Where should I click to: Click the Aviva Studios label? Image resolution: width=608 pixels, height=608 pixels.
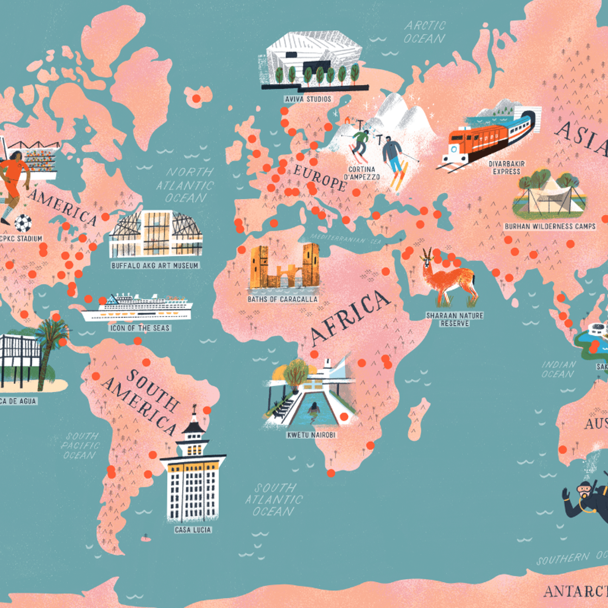(308, 99)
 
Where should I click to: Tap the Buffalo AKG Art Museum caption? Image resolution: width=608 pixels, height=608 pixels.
(155, 266)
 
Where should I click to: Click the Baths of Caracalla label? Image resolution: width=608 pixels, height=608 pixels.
(282, 299)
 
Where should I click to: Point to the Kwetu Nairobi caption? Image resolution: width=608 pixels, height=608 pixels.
(311, 435)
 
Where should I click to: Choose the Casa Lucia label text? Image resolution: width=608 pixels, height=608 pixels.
(193, 530)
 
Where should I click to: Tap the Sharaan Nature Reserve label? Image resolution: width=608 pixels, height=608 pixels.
(455, 320)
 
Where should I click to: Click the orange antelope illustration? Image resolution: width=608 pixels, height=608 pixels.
(450, 279)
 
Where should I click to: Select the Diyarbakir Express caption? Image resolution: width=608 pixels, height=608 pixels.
(507, 168)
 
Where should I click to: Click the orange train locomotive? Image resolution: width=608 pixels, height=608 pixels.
(475, 142)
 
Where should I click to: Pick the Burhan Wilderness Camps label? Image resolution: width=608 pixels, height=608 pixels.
(550, 226)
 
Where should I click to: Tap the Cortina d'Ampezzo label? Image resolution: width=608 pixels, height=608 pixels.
(362, 173)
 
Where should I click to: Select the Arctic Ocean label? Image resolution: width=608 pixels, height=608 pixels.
(425, 32)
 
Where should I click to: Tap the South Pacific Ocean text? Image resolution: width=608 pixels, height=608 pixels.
(80, 446)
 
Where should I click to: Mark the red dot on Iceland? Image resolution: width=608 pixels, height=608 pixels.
(196, 98)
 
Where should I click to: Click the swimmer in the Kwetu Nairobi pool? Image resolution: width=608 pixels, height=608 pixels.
(314, 408)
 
